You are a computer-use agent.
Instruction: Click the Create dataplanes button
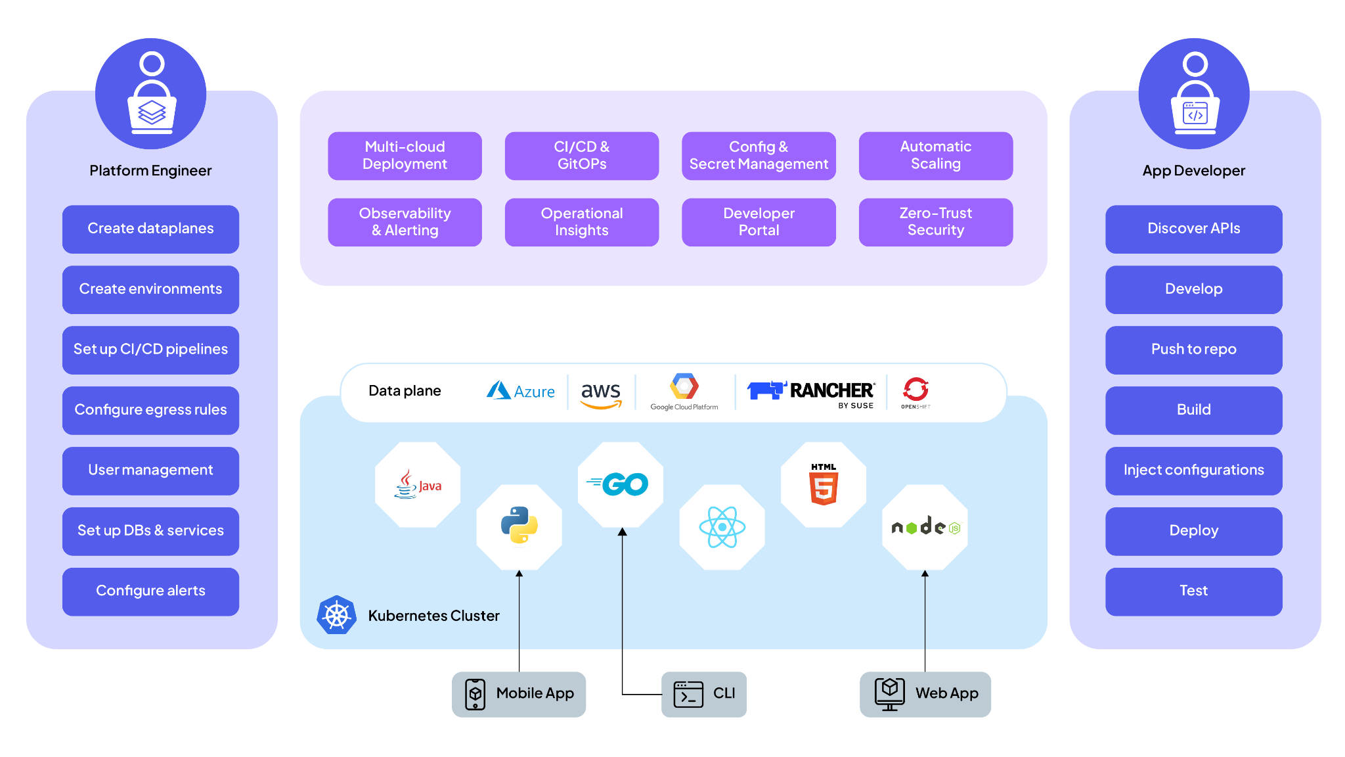pos(150,229)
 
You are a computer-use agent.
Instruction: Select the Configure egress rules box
pos(150,410)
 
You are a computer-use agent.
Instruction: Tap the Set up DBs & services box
pos(150,531)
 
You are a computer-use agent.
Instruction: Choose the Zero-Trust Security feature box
pos(935,222)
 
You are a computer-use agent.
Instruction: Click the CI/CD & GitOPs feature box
pos(581,156)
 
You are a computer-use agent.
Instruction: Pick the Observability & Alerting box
pos(405,222)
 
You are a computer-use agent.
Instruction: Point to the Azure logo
pos(520,391)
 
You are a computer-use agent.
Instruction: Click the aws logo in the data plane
pos(601,394)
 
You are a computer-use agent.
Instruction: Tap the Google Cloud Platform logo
pos(684,392)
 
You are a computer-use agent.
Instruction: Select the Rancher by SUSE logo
pos(811,392)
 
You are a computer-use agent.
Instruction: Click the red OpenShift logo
pos(915,392)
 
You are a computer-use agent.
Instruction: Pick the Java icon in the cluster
pos(418,485)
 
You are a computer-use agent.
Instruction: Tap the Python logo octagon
pos(519,526)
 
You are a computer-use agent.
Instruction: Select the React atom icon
pos(722,527)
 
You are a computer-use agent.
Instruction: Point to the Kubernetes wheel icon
pos(336,615)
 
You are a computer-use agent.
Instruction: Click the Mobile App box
pos(519,694)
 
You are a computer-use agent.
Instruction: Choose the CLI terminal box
pos(703,694)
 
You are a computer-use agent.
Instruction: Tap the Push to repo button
pos(1193,350)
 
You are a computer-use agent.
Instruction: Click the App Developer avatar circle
pos(1194,93)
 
